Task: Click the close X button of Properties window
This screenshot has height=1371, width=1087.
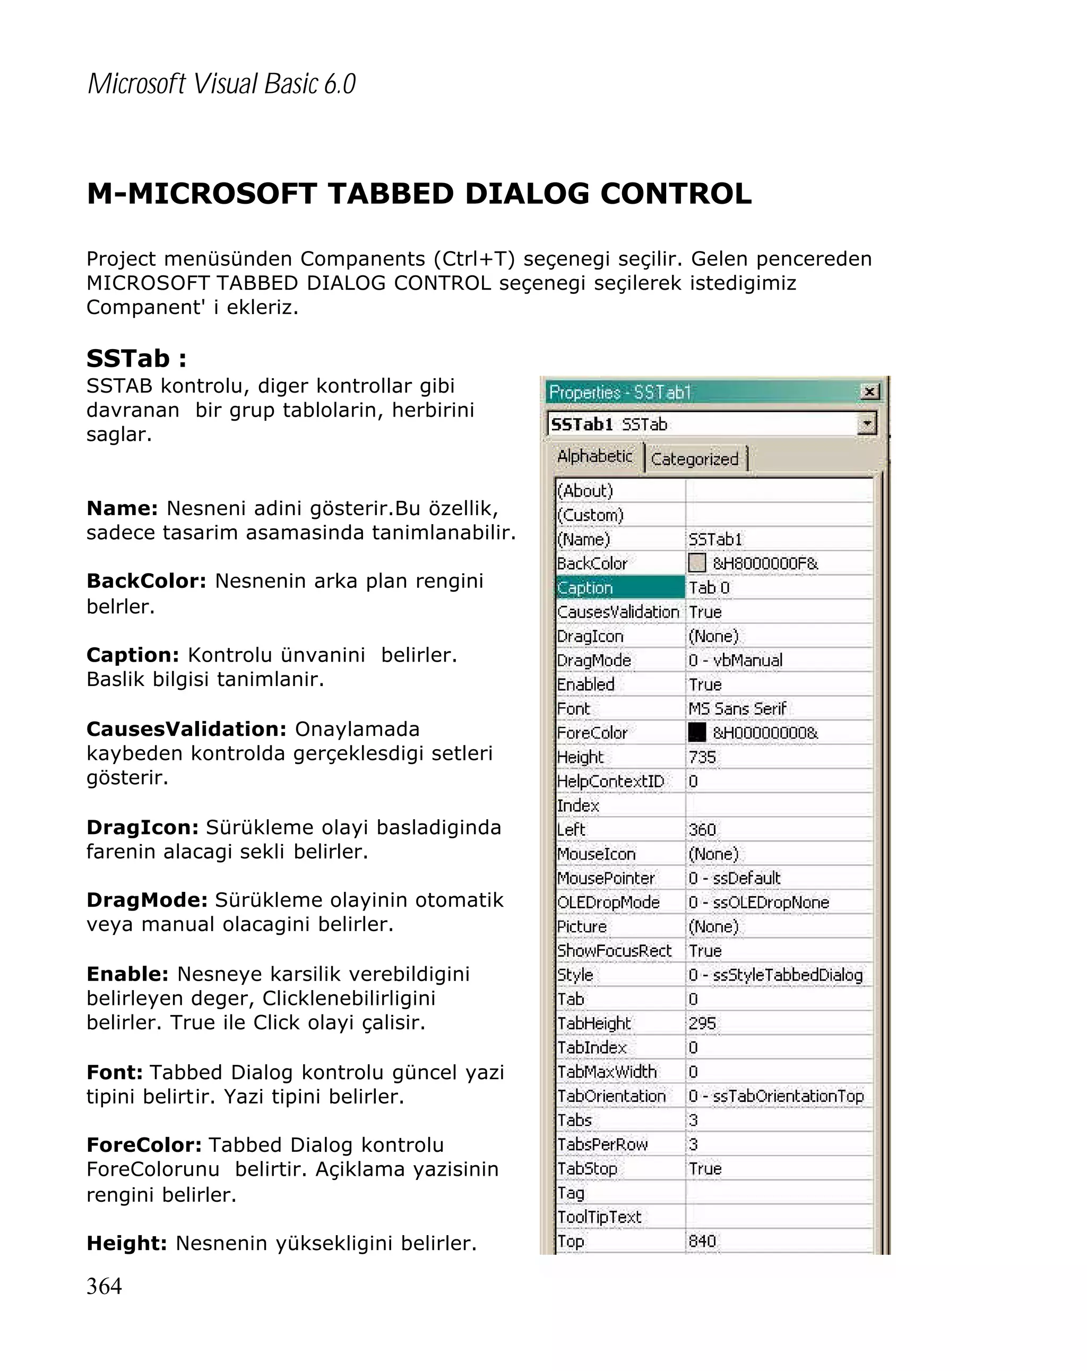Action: (x=868, y=392)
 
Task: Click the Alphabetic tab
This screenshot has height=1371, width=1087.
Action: (x=594, y=457)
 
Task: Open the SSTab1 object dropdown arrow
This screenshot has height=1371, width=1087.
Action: (x=866, y=423)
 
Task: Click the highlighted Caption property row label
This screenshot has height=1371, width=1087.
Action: (x=619, y=587)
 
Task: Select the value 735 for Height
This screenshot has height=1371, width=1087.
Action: (x=702, y=757)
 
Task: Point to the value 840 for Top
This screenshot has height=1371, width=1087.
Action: (x=702, y=1240)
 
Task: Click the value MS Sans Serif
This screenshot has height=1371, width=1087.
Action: (x=737, y=708)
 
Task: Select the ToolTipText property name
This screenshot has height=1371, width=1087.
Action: (x=599, y=1217)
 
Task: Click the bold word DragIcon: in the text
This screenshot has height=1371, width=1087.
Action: (x=142, y=827)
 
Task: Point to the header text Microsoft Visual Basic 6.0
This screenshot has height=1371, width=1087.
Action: (x=221, y=84)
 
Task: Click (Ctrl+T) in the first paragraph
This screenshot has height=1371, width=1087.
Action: (x=474, y=259)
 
